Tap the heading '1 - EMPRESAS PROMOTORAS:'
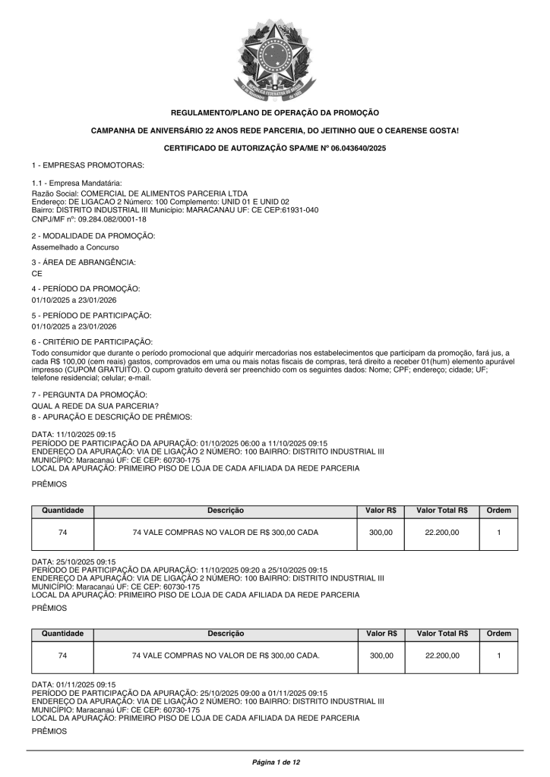point(88,165)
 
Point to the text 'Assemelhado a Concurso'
point(75,247)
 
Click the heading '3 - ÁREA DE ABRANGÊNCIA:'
point(84,262)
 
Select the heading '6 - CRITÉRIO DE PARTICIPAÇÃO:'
point(92,341)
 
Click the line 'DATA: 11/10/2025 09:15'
point(74,434)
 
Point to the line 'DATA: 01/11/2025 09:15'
point(74,684)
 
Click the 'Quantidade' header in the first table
point(62,511)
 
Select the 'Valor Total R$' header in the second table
point(442,634)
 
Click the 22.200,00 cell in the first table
point(442,533)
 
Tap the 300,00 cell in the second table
point(381,656)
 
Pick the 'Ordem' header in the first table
point(499,511)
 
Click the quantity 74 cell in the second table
point(62,656)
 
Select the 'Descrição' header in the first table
point(226,511)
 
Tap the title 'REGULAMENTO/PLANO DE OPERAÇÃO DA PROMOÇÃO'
point(274,112)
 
